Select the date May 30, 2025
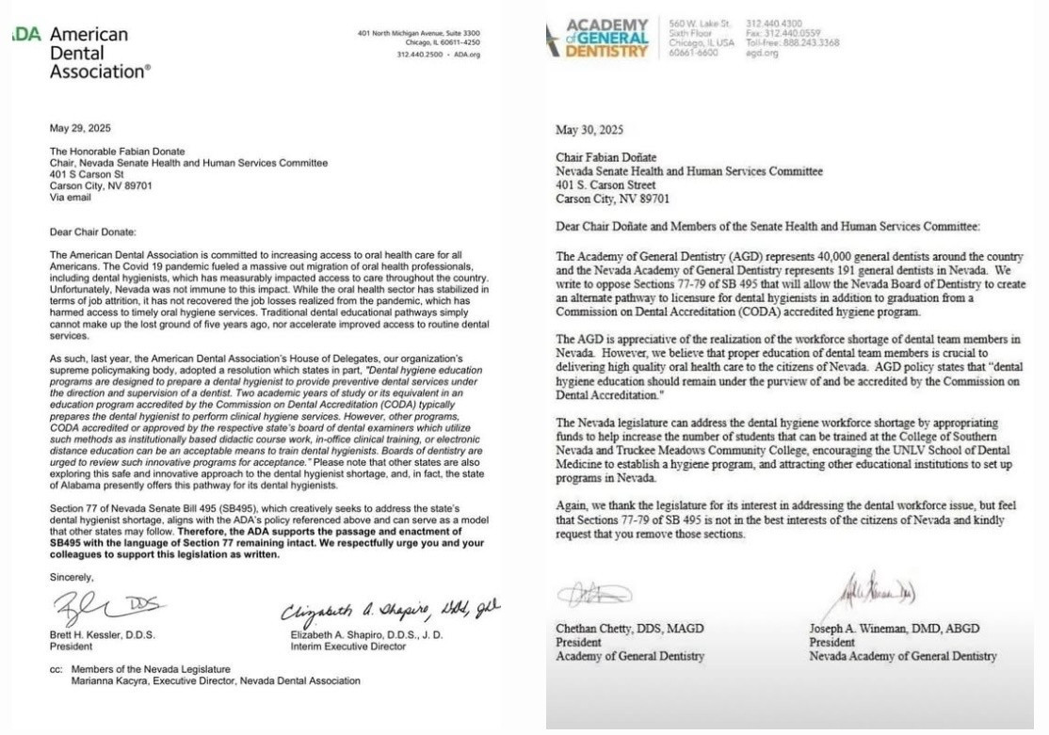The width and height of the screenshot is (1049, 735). point(589,131)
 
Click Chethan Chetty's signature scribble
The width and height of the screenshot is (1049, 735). point(593,594)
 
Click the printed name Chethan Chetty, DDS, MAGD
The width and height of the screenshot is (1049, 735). point(630,629)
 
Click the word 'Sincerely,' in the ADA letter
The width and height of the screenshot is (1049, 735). point(71,577)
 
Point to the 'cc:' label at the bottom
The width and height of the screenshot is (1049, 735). point(55,669)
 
